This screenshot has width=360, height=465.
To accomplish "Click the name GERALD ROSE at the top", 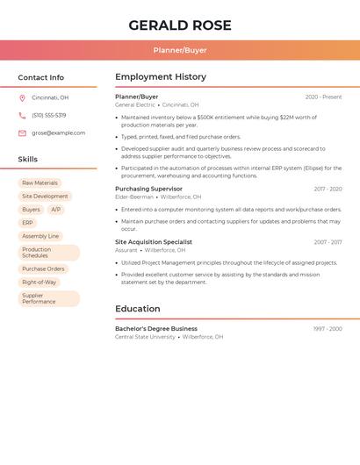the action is pyautogui.click(x=180, y=25).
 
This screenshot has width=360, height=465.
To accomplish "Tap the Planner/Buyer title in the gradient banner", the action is pyautogui.click(x=180, y=50).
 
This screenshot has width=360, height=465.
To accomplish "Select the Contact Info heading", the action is pyautogui.click(x=40, y=77).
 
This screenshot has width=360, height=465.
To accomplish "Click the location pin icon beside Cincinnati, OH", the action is pyautogui.click(x=22, y=97).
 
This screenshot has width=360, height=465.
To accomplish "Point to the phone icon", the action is pyautogui.click(x=22, y=115).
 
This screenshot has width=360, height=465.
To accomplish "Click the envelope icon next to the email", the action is pyautogui.click(x=22, y=132).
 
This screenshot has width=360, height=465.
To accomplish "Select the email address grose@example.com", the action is pyautogui.click(x=58, y=132).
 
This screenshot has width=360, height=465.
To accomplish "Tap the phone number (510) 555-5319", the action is pyautogui.click(x=48, y=115).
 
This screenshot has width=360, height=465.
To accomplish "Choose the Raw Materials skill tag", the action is pyautogui.click(x=40, y=183).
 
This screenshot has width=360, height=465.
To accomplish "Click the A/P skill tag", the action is pyautogui.click(x=55, y=210).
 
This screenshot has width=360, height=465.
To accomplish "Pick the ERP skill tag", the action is pyautogui.click(x=27, y=223).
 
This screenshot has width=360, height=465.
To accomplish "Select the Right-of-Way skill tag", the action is pyautogui.click(x=39, y=282).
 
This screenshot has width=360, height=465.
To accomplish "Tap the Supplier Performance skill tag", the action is pyautogui.click(x=39, y=298).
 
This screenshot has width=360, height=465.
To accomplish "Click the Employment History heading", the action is pyautogui.click(x=161, y=77).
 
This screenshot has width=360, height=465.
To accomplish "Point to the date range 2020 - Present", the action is pyautogui.click(x=323, y=97).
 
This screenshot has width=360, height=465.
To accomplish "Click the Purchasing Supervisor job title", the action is pyautogui.click(x=148, y=189).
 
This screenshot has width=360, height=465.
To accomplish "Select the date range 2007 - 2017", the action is pyautogui.click(x=328, y=241).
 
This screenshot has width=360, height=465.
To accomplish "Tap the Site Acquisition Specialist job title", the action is pyautogui.click(x=154, y=241).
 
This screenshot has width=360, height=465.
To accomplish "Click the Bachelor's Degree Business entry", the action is pyautogui.click(x=155, y=328).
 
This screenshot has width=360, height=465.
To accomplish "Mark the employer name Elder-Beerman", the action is pyautogui.click(x=134, y=197).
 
